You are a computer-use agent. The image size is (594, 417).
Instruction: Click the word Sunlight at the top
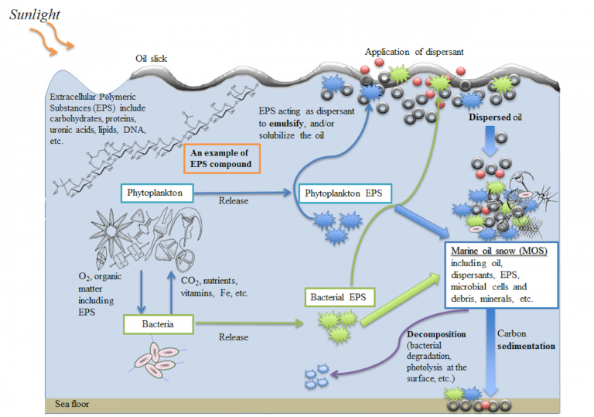click(35, 14)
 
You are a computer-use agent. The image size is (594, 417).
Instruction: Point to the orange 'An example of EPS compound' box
click(223, 156)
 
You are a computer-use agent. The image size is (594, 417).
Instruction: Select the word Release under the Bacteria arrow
click(234, 337)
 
